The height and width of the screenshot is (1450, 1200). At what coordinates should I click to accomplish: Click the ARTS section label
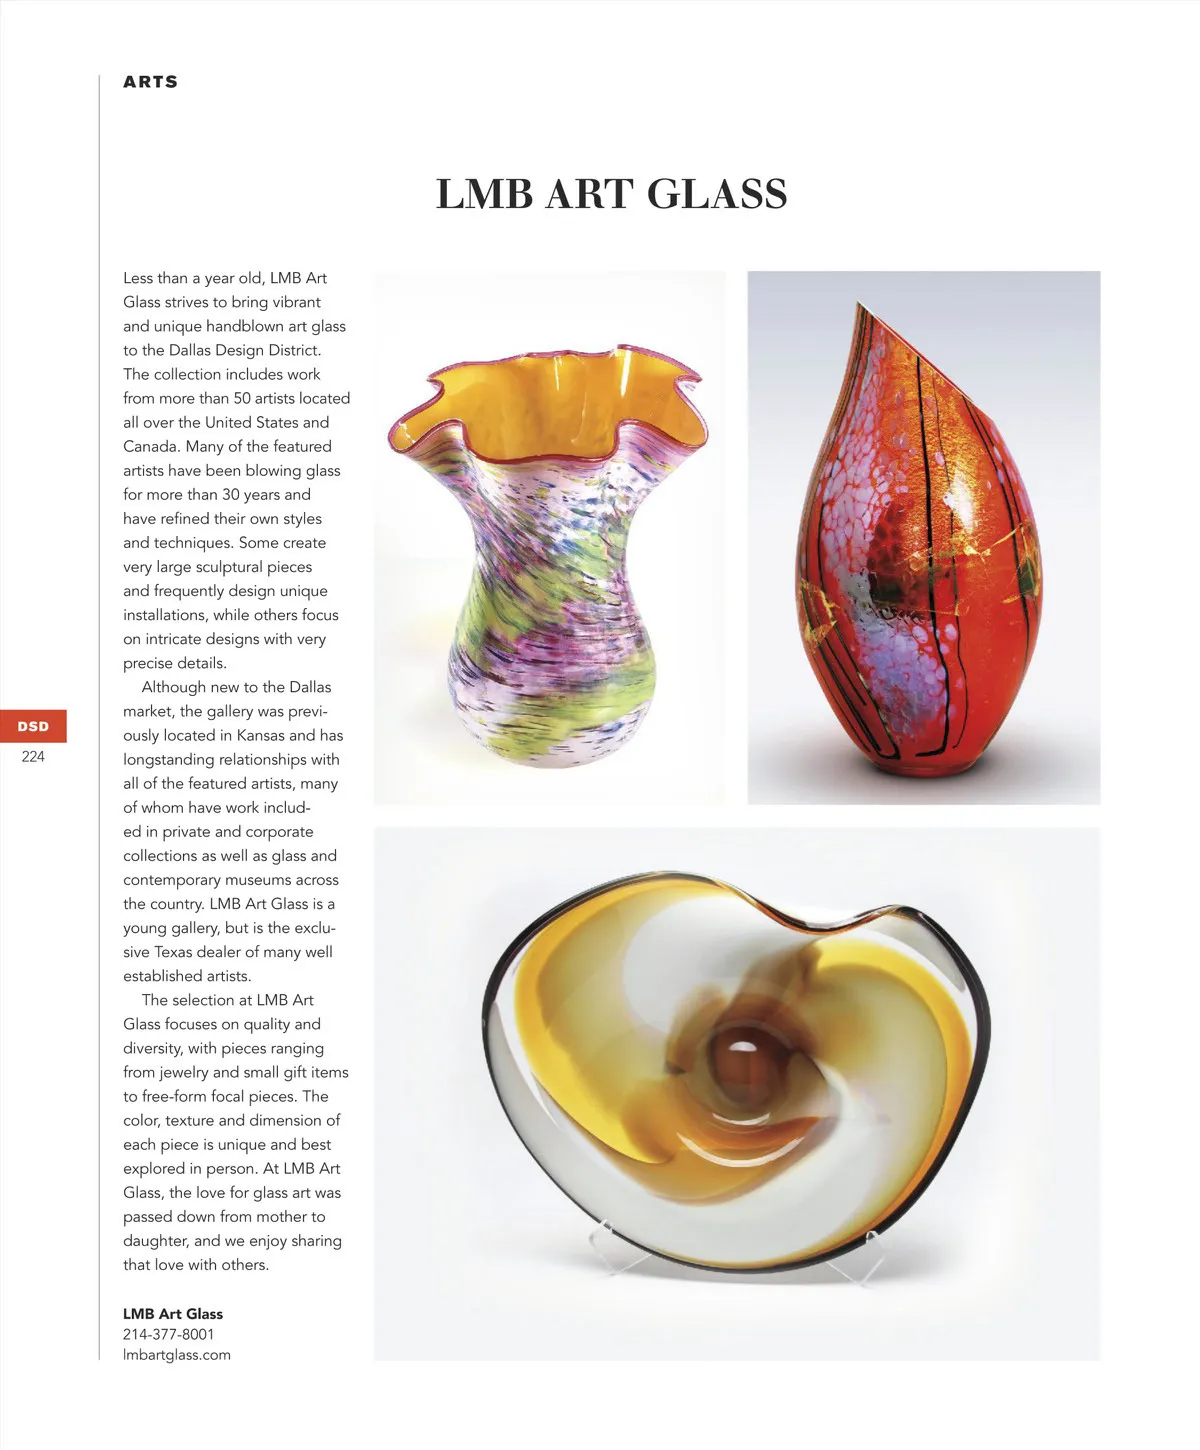(150, 82)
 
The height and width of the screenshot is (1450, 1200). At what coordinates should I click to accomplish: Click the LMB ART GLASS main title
(611, 194)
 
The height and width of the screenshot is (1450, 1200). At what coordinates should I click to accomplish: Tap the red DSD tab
(33, 726)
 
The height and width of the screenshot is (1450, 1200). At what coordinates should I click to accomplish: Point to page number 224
(33, 757)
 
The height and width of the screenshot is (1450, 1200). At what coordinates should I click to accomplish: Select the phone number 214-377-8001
(168, 1334)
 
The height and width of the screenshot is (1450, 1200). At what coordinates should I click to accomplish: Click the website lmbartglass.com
(176, 1355)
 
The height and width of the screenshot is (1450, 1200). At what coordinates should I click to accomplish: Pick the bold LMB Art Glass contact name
(172, 1314)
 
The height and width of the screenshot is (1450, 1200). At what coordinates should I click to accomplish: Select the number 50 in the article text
(243, 398)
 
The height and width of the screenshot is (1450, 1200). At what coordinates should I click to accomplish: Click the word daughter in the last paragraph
(154, 1241)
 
